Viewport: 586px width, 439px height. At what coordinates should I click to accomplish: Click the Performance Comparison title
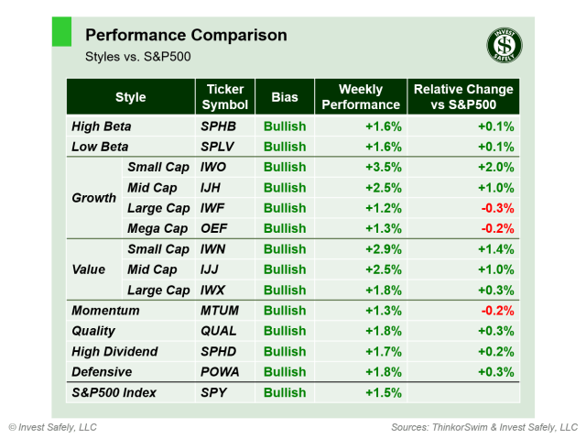point(186,36)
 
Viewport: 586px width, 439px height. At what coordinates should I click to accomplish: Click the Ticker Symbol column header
point(224,97)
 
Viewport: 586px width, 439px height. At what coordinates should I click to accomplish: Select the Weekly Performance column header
point(360,97)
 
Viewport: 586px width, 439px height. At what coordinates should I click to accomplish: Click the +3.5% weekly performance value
point(381,168)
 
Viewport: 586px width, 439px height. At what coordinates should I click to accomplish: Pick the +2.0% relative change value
point(494,168)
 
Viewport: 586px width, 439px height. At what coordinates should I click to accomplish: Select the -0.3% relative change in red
point(497,208)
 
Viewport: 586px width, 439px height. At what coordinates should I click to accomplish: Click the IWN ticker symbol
point(215,249)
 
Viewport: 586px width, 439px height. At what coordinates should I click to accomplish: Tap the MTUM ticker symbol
point(222,311)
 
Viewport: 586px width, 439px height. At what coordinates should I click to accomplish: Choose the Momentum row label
point(105,311)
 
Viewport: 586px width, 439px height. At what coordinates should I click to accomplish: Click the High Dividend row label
point(114,352)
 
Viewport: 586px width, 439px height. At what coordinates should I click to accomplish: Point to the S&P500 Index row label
point(114,392)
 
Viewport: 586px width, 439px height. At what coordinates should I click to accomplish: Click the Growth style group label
point(93,198)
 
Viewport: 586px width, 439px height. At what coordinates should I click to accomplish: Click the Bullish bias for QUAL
point(285,331)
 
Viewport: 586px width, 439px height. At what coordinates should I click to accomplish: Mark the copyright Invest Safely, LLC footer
point(52,427)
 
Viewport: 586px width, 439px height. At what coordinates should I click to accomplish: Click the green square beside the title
point(61,31)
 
